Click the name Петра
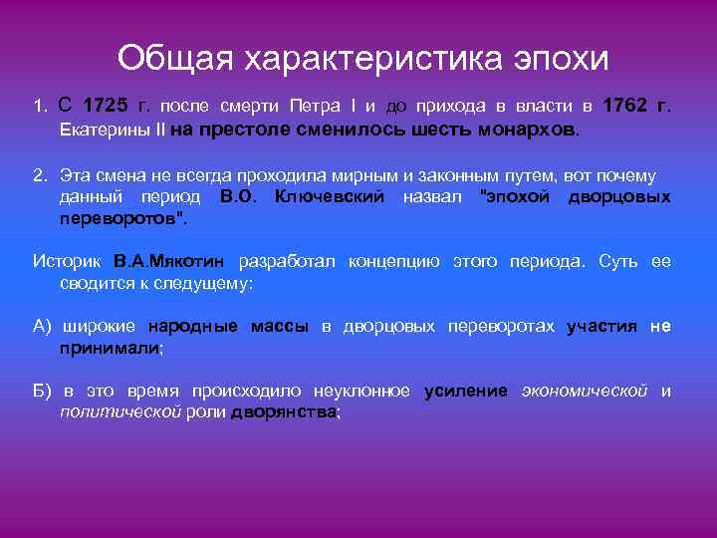315,106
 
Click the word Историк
68,262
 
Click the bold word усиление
465,391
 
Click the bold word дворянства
283,411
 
